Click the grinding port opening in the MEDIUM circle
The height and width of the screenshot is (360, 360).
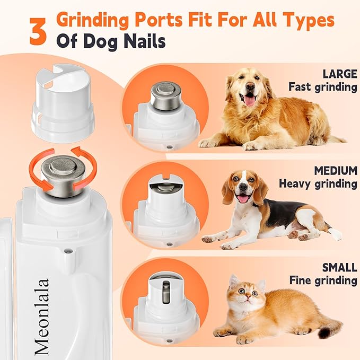point(164,189)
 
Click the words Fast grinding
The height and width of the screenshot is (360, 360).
point(323,86)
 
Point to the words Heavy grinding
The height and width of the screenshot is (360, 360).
point(318,184)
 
